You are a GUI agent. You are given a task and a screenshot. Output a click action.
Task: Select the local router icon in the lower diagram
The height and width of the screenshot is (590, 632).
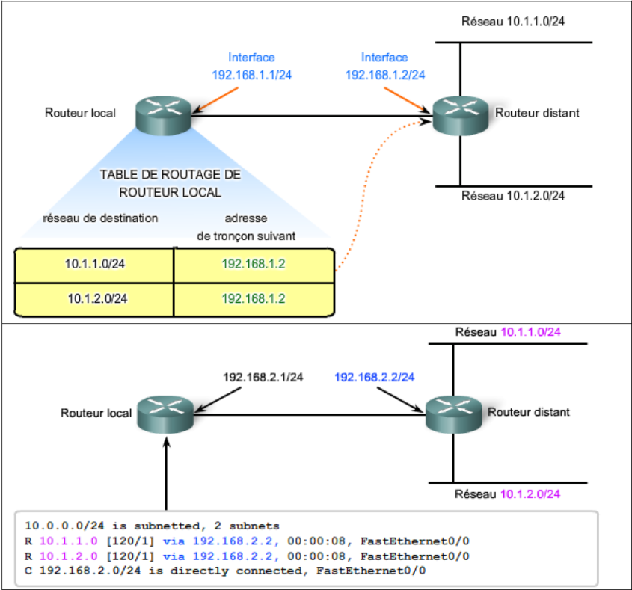pos(165,413)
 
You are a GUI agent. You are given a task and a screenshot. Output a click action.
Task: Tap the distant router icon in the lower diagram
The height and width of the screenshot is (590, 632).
pos(453,412)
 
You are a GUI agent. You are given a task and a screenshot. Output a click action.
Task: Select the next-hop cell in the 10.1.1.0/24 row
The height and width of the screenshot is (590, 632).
pos(254,264)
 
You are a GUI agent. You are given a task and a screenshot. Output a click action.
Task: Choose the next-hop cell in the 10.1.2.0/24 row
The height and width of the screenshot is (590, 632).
pos(254,298)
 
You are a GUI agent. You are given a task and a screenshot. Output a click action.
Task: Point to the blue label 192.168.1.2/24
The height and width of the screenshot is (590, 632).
pos(385,75)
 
